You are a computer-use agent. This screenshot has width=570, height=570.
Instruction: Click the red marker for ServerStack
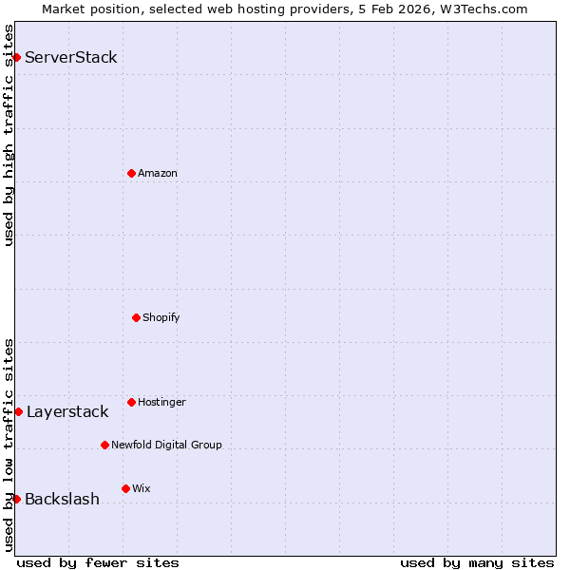coord(16,57)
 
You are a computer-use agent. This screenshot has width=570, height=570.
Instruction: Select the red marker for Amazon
coord(131,173)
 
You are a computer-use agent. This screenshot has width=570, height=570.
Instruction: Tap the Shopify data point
coord(136,317)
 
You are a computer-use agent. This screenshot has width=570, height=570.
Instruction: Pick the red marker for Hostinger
coord(131,402)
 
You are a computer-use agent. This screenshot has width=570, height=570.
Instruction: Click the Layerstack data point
coord(18,411)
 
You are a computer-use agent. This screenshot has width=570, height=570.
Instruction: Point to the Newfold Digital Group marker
coord(104,445)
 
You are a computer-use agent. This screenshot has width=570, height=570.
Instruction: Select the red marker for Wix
coord(125,488)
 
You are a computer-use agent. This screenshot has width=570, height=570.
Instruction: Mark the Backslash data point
coord(16,499)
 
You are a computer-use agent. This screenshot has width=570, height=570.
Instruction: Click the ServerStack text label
coord(71,57)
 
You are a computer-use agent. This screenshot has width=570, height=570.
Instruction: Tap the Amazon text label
coord(158,173)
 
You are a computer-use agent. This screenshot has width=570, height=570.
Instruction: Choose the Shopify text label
coord(161,317)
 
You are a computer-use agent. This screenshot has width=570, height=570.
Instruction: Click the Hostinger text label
coord(162,402)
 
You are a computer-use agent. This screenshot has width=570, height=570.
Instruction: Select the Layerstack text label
coord(67,411)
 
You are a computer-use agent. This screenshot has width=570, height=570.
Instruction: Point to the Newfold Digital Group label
coord(167,445)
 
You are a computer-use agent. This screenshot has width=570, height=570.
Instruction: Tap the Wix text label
coord(142,488)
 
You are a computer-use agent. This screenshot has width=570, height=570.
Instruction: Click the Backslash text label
coord(63,499)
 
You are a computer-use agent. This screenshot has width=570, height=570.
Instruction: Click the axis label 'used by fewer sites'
coord(98,562)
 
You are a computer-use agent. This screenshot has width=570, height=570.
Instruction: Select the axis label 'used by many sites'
coord(477,562)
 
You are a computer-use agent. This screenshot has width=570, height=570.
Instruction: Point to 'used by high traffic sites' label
coord(9,135)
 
